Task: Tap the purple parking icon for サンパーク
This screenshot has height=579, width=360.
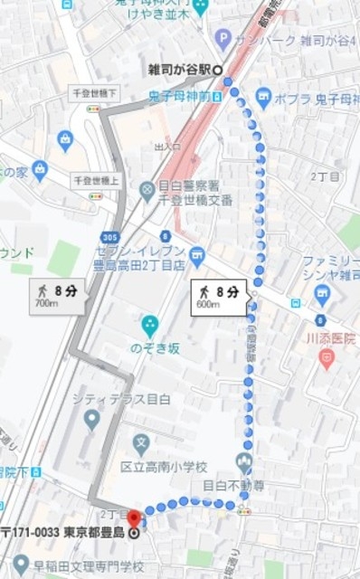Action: point(223,38)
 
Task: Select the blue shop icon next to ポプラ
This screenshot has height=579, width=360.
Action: point(264,97)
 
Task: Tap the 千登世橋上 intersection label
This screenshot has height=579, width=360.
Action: point(94,180)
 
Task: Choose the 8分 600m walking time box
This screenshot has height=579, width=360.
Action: point(219,297)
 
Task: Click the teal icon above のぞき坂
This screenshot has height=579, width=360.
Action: point(150,325)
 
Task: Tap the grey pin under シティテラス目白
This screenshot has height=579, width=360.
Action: point(90,419)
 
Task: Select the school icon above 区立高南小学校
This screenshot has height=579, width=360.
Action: point(140,444)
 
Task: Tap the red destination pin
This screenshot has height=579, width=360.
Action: point(135,518)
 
